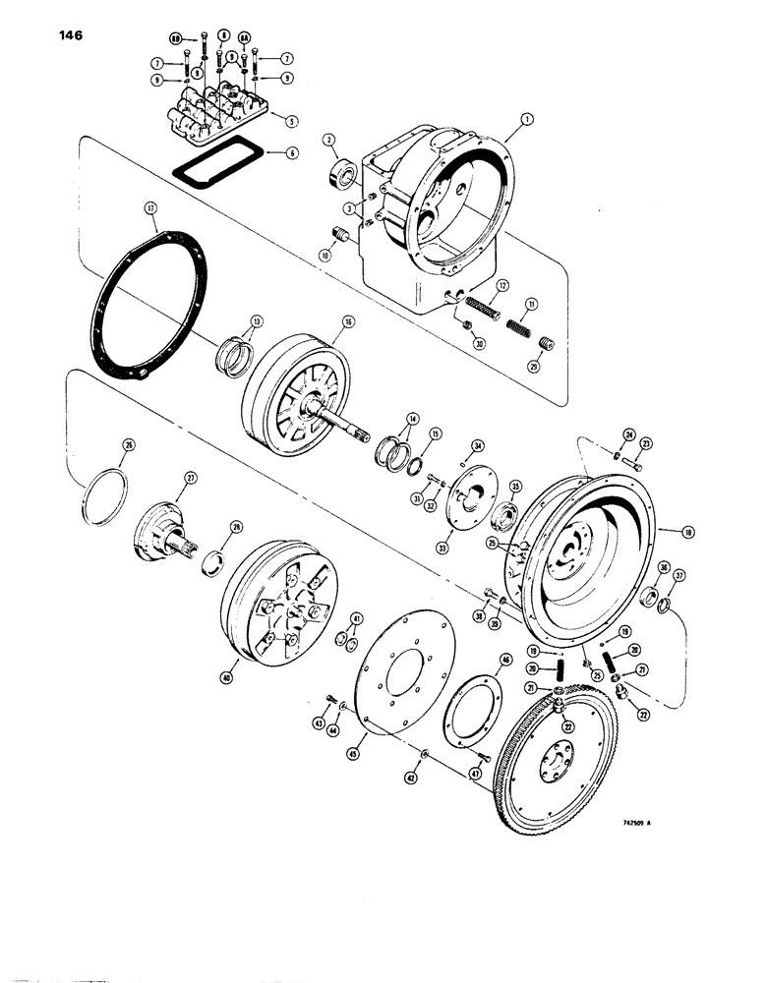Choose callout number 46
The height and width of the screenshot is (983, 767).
pyautogui.click(x=506, y=662)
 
